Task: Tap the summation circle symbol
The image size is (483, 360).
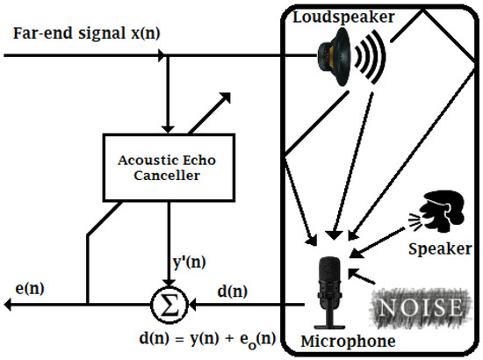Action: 166,305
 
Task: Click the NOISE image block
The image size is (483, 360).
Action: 419,306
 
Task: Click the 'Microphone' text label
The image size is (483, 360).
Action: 342,341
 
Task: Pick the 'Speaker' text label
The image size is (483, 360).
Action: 440,248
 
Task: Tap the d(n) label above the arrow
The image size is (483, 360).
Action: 232,287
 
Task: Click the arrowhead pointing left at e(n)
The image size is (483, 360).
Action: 9,305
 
